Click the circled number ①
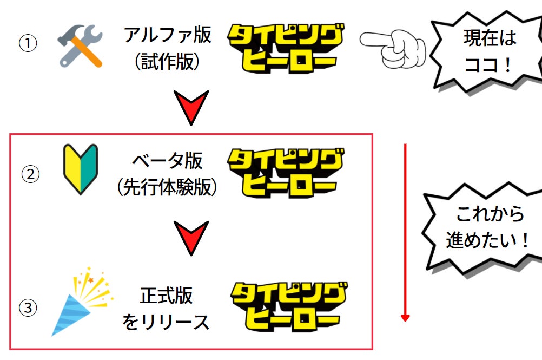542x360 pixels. tap(28, 43)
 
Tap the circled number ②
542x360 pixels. tap(30, 174)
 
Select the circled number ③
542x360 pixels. tap(28, 307)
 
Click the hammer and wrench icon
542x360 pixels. tap(80, 45)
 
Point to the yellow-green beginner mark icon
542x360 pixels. tap(81, 169)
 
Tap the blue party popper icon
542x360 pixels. tap(82, 301)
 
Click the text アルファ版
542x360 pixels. tap(167, 35)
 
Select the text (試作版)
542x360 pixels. tap(167, 62)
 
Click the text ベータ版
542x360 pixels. tap(167, 160)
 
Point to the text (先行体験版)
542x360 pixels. tap(167, 187)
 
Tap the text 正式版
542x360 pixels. tap(166, 296)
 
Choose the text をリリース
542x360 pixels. tap(166, 322)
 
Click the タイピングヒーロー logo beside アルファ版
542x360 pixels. tap(285, 48)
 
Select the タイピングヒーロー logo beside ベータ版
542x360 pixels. tap(285, 173)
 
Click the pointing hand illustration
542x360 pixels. tap(393, 49)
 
